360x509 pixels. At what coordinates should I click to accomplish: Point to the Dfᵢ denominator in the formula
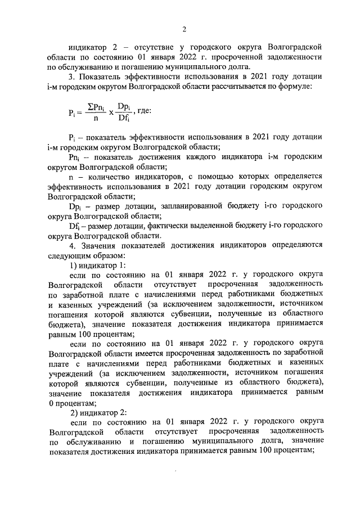click(x=124, y=118)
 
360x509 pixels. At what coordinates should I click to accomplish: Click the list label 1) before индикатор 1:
click(x=74, y=265)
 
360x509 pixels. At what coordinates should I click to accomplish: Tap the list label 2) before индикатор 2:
click(x=74, y=412)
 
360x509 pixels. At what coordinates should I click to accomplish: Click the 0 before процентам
click(x=51, y=402)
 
